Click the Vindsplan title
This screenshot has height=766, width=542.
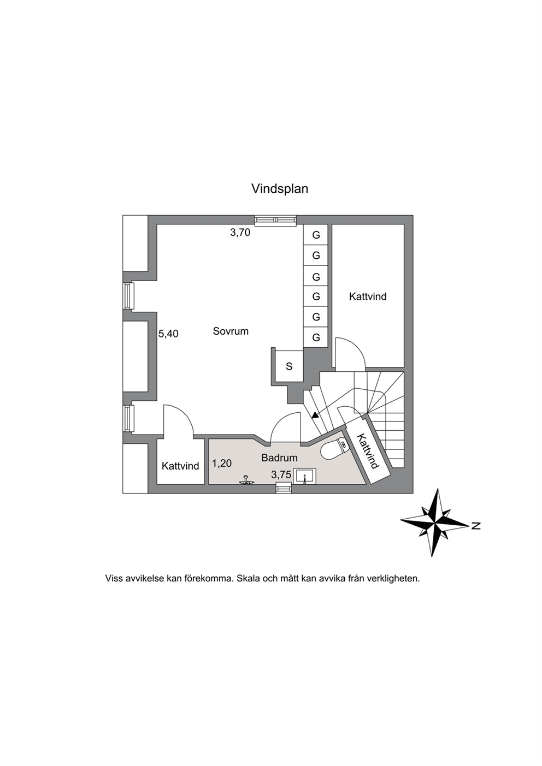pyautogui.click(x=280, y=189)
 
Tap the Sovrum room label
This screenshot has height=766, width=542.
pyautogui.click(x=231, y=331)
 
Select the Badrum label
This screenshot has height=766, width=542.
pyautogui.click(x=279, y=458)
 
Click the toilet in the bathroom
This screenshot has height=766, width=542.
pyautogui.click(x=334, y=449)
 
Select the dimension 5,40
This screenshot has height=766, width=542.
pyautogui.click(x=168, y=334)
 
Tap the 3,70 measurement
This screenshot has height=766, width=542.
pyautogui.click(x=240, y=233)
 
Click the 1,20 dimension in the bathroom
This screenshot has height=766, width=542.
pyautogui.click(x=222, y=464)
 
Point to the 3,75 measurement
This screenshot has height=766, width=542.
pyautogui.click(x=281, y=474)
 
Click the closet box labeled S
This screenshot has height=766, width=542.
pyautogui.click(x=289, y=366)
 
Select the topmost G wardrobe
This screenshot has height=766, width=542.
pyautogui.click(x=316, y=235)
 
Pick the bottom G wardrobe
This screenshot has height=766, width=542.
pyautogui.click(x=316, y=337)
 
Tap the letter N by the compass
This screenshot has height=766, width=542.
pyautogui.click(x=475, y=526)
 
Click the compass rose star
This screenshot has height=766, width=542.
pyautogui.click(x=434, y=523)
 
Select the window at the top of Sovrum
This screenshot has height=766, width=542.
pyautogui.click(x=276, y=221)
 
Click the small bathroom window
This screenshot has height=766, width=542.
pyautogui.click(x=284, y=488)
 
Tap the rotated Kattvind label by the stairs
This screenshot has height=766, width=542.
pyautogui.click(x=368, y=452)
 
